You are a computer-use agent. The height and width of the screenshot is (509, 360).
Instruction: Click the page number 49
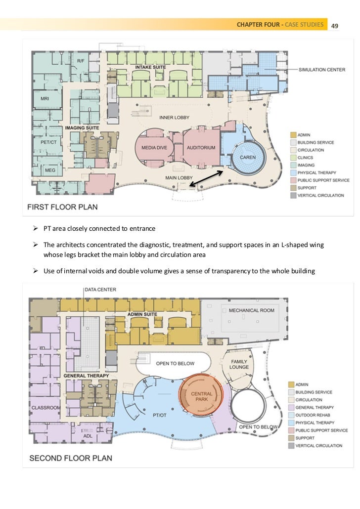[x=335, y=26]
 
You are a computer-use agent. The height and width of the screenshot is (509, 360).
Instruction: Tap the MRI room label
[x=45, y=99]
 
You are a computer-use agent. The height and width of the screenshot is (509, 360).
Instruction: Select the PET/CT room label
[x=49, y=142]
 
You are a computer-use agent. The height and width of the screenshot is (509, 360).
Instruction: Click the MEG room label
[x=50, y=170]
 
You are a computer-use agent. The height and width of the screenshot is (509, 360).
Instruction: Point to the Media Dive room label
[x=154, y=148]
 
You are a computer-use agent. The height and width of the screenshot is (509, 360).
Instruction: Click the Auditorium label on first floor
[x=201, y=148]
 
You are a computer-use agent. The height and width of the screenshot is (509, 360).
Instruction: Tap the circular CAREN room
[x=248, y=158]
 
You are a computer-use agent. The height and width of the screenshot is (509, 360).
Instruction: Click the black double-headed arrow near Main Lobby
[x=206, y=178]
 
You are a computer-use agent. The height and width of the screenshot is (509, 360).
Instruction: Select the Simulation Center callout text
[x=322, y=70]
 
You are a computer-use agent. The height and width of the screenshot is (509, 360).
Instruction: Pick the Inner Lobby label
[x=174, y=118]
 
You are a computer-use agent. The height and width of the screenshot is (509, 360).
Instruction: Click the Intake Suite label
[x=150, y=67]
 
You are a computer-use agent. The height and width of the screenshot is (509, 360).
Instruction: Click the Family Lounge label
[x=239, y=364]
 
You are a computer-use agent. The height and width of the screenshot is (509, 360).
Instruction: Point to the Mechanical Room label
[x=252, y=310]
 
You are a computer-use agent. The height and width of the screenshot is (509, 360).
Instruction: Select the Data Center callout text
[x=101, y=290]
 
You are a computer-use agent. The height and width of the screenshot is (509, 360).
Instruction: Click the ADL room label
[x=88, y=436]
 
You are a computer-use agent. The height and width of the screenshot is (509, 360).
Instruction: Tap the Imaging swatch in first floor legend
[x=293, y=165]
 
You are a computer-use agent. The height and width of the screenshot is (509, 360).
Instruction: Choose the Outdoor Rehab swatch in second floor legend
[x=291, y=415]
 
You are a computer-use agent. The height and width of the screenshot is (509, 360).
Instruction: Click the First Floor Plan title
[x=62, y=207]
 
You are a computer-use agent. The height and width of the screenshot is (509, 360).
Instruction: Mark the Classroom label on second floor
[x=46, y=408]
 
